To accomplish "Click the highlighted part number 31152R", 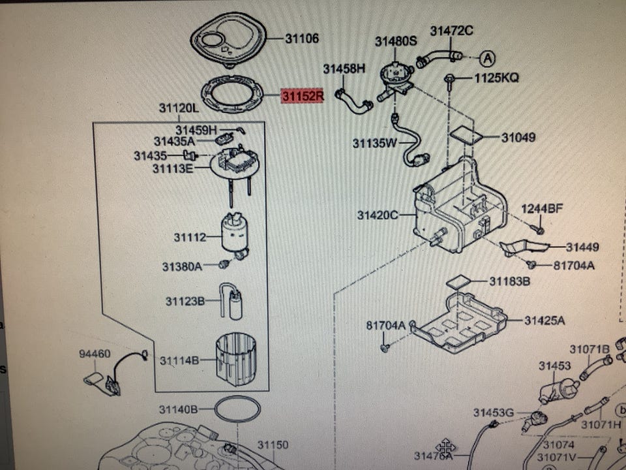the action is pyautogui.click(x=302, y=96).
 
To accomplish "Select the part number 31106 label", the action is pyautogui.click(x=302, y=39).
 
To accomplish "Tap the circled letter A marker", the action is pyautogui.click(x=488, y=59).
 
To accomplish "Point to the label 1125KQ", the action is pyautogui.click(x=497, y=78).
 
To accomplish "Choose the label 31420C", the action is pyautogui.click(x=378, y=215).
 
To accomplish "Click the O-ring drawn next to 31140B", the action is pyautogui.click(x=237, y=409).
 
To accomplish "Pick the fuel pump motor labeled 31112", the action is pyautogui.click(x=235, y=236).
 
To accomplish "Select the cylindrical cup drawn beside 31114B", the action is pyautogui.click(x=235, y=360).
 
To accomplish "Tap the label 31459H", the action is pyautogui.click(x=196, y=130).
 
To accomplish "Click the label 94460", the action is pyautogui.click(x=95, y=354).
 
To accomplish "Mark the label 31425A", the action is pyautogui.click(x=544, y=321).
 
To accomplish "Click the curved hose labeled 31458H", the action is pyautogui.click(x=353, y=102).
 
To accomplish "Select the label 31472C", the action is pyautogui.click(x=451, y=31).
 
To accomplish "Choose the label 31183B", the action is pyautogui.click(x=510, y=282).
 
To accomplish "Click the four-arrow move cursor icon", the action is pyautogui.click(x=445, y=446).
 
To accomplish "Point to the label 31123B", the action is pyautogui.click(x=185, y=301).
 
